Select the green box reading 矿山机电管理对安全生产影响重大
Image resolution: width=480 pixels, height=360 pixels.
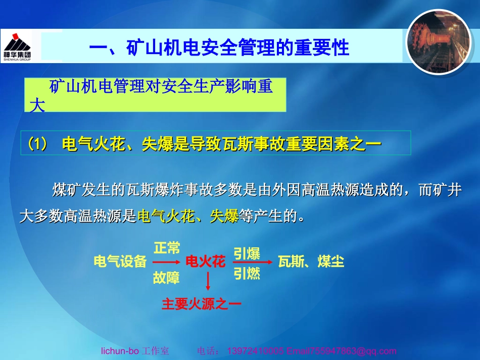[x=155, y=95]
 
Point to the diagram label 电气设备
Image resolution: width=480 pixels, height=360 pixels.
[x=120, y=262]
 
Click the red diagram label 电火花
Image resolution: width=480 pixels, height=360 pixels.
[x=205, y=262]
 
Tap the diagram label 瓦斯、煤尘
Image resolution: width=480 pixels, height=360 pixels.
[x=311, y=262]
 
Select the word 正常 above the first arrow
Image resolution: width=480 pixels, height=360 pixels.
[x=167, y=247]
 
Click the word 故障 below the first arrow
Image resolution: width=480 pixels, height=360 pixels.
[x=167, y=277]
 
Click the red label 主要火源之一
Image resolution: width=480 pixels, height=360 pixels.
[x=201, y=303]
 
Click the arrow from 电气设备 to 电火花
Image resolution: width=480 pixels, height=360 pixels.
[x=166, y=263]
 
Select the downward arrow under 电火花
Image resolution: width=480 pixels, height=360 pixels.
[x=208, y=281]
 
